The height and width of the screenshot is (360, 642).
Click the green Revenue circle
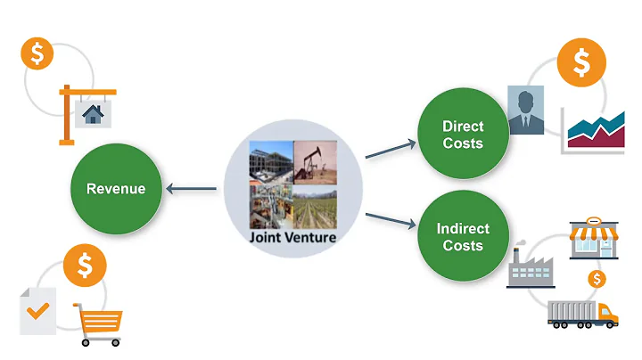click(x=115, y=188)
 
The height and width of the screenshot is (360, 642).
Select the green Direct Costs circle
click(x=462, y=135)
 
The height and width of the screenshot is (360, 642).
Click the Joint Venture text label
click(x=293, y=238)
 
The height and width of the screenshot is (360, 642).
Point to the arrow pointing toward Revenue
click(x=193, y=188)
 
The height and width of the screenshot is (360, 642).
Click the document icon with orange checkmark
click(x=37, y=310)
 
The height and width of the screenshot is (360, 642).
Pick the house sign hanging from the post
click(x=91, y=114)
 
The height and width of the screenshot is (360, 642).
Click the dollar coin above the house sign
click(x=37, y=53)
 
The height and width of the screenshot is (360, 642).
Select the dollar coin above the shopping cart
click(x=86, y=265)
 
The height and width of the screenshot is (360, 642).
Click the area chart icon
click(x=593, y=130)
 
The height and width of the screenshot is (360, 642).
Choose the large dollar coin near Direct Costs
click(x=580, y=61)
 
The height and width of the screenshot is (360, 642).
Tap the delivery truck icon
click(x=582, y=314)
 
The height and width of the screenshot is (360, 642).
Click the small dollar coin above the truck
click(x=597, y=279)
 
